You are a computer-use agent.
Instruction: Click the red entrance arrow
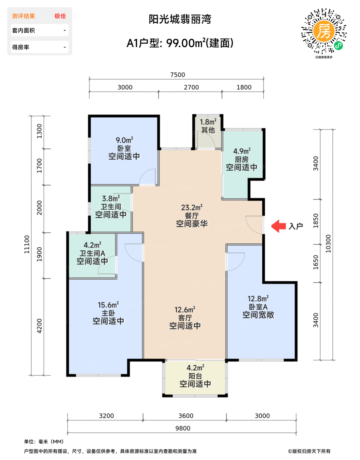point(278,226)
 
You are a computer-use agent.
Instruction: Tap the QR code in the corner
point(324,31)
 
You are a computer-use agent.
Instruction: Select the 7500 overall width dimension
point(178,75)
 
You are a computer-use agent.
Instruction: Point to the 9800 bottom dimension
point(183,428)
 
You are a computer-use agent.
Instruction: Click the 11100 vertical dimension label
point(27,244)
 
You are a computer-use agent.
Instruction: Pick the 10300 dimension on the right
point(328,244)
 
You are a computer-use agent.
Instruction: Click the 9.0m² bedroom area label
point(124,140)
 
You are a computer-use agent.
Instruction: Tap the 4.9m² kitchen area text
point(242,151)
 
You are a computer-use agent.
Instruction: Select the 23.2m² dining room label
point(192,207)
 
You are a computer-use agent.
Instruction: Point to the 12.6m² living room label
point(185,310)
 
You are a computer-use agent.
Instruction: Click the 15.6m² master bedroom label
point(108,305)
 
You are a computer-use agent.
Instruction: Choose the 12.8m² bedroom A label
point(258,299)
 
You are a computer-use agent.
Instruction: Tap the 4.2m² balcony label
point(195,368)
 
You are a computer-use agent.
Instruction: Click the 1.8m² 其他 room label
point(208,126)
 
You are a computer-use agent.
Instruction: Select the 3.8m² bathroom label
point(111,198)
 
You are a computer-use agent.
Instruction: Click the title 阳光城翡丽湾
point(180,19)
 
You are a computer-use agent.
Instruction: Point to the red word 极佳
point(60,16)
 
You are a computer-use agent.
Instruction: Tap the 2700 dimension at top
point(191,87)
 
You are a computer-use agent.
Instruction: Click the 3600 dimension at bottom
point(186,416)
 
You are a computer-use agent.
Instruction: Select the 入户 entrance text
point(296,226)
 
